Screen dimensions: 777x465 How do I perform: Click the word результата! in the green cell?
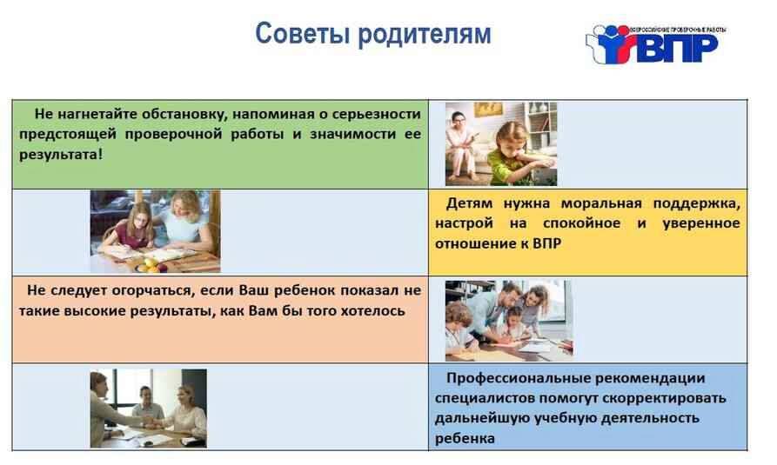[61, 155]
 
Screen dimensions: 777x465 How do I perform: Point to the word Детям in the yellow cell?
[469, 203]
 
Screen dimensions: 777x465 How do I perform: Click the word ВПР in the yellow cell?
[547, 243]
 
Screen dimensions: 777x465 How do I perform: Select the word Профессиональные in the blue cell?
[516, 378]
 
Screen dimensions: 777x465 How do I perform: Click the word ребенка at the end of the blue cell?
[465, 439]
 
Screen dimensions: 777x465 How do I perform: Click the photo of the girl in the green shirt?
[501, 144]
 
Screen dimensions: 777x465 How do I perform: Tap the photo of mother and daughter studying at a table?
[155, 231]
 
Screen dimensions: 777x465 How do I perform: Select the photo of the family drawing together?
[509, 321]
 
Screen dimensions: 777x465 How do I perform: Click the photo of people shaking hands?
[148, 408]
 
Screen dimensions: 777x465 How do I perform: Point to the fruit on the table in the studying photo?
[151, 265]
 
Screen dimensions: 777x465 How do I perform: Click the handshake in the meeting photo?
[150, 421]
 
